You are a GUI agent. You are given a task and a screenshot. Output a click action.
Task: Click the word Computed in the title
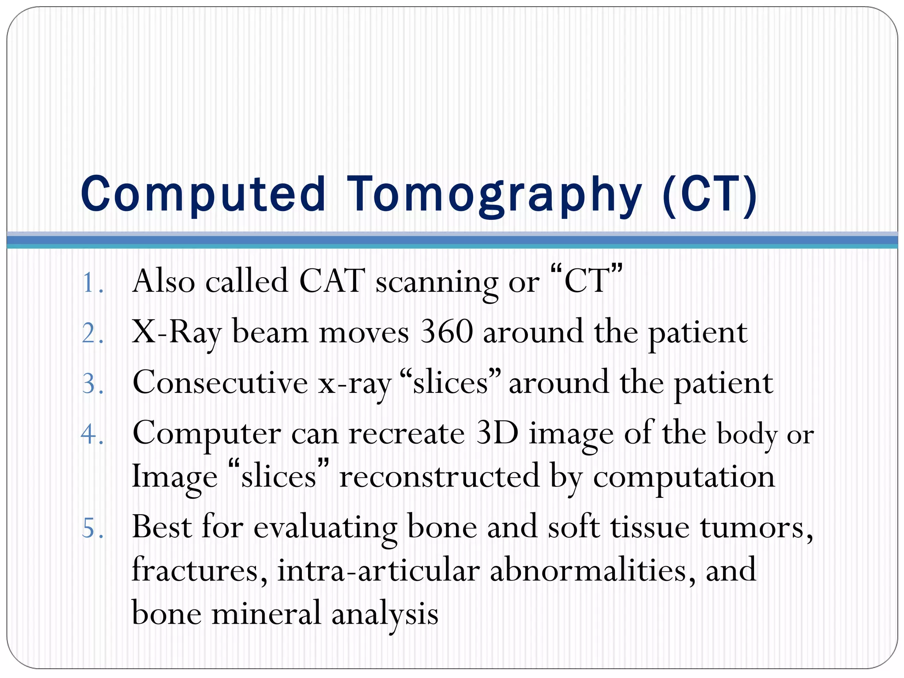pyautogui.click(x=203, y=194)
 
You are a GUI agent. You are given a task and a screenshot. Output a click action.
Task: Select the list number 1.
pyautogui.click(x=92, y=282)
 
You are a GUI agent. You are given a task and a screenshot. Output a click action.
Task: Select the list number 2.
pyautogui.click(x=92, y=333)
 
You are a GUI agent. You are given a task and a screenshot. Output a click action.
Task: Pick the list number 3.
pyautogui.click(x=92, y=384)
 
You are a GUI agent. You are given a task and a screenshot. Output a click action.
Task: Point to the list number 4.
pyautogui.click(x=92, y=434)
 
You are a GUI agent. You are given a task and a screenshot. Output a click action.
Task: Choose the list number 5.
pyautogui.click(x=92, y=528)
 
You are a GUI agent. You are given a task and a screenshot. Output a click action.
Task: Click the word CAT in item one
pyautogui.click(x=332, y=281)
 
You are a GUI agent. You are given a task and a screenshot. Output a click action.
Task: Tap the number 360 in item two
pyautogui.click(x=446, y=332)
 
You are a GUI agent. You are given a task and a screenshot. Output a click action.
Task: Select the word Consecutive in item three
pyautogui.click(x=220, y=383)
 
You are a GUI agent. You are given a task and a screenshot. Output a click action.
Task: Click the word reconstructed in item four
pyautogui.click(x=439, y=477)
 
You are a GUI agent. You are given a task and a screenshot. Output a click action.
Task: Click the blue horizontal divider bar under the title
pyautogui.click(x=452, y=240)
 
